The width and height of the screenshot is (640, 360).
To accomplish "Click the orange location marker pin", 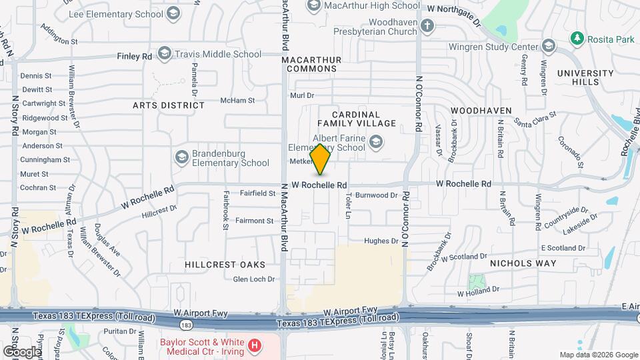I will pos(321,159).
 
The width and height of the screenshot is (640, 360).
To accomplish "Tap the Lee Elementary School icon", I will pos(173,13).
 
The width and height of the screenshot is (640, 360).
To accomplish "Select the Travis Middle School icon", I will pos(164,55).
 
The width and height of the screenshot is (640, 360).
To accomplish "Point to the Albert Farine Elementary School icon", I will pos(376,141).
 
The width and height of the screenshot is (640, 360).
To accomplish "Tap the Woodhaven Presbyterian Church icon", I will pos(427,27).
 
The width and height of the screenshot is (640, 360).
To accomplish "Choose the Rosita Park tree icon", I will pos(577,39).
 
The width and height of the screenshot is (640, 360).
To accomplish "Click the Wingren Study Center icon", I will pos(549,45).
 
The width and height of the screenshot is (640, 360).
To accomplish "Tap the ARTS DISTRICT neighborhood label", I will pos(168,105).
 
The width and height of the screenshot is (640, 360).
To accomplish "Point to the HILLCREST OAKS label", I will pos(216,265).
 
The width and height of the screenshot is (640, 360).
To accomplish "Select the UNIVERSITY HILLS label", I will pos(585,77).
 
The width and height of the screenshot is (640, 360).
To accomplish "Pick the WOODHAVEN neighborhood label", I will pos(481,110).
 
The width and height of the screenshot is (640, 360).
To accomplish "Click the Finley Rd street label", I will pos(134,57).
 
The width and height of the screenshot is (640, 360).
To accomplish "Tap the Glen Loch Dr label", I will pos(254,279).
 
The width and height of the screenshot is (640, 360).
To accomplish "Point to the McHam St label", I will pos(237,101).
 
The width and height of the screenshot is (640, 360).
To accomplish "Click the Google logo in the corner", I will pos(21,351).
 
